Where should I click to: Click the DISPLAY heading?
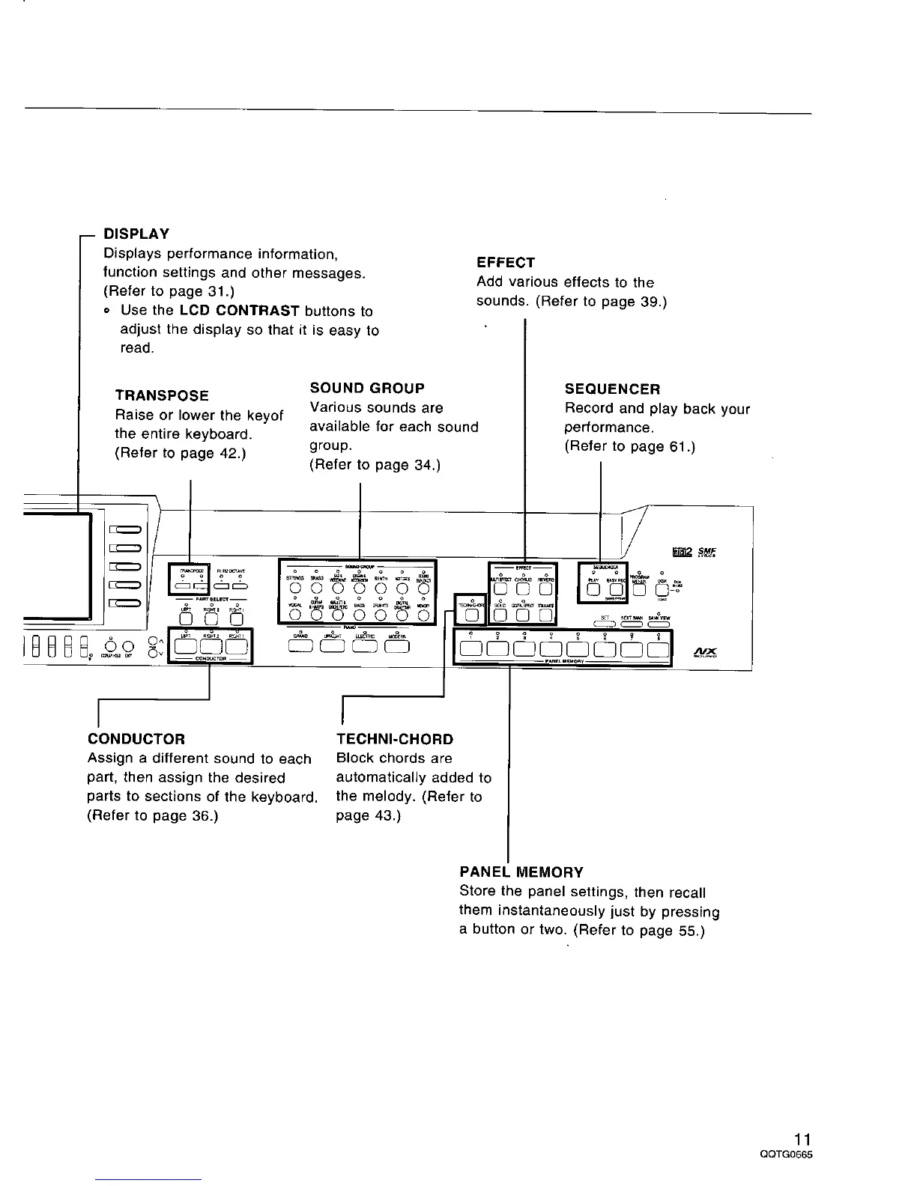tap(136, 234)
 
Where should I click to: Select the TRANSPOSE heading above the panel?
tap(162, 395)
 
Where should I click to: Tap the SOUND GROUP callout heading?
tap(367, 388)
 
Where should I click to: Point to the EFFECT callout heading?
tap(506, 263)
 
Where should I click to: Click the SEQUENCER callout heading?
tap(612, 389)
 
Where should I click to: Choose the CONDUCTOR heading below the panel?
tap(136, 739)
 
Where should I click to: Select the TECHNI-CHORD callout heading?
tap(395, 739)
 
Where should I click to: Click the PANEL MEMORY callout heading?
tap(521, 872)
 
